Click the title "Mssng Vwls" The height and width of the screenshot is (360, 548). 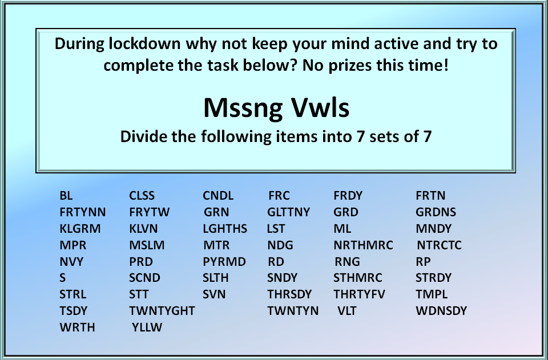(276, 108)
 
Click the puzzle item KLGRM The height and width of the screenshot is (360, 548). (80, 228)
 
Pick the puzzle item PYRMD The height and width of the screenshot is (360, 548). (224, 261)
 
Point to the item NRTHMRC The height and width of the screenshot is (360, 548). (363, 245)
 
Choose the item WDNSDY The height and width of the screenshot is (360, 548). (441, 310)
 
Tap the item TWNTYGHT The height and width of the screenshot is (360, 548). (162, 310)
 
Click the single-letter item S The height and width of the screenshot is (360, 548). (63, 278)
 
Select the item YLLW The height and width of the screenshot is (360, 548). (147, 327)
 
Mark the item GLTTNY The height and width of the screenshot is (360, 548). (289, 212)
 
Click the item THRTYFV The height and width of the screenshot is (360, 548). (359, 294)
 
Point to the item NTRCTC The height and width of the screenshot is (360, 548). (440, 245)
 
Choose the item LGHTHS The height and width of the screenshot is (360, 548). (225, 228)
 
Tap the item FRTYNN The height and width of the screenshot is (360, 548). (82, 212)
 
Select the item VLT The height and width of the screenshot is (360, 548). (347, 310)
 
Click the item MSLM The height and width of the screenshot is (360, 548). (147, 245)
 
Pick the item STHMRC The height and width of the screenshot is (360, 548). (358, 278)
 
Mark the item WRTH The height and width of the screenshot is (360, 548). (77, 327)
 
